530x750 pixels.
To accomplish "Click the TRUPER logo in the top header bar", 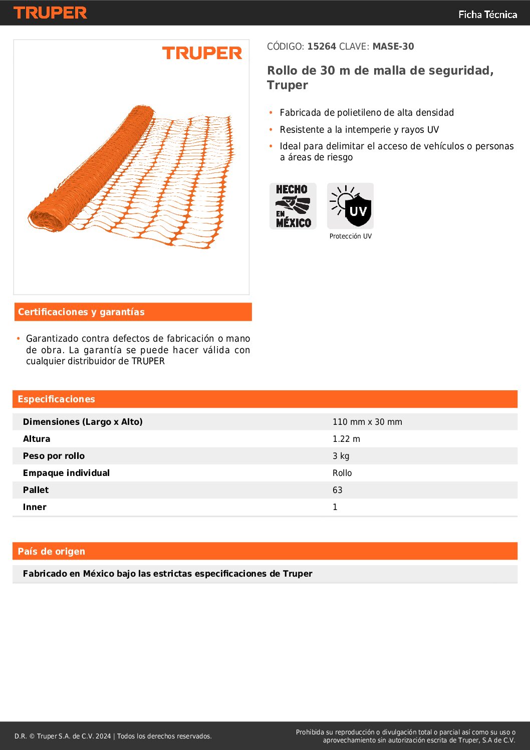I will pyautogui.click(x=50, y=13).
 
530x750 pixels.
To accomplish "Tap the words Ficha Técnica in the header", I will pyautogui.click(x=487, y=15).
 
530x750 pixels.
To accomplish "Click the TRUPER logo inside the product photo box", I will pyautogui.click(x=202, y=53).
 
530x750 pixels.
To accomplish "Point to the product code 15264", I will pyautogui.click(x=321, y=47).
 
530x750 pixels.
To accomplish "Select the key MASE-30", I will pyautogui.click(x=393, y=47).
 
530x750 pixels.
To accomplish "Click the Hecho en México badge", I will pyautogui.click(x=293, y=206).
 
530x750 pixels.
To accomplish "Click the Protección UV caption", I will pyautogui.click(x=351, y=236).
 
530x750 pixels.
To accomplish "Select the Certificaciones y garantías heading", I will pyautogui.click(x=81, y=312).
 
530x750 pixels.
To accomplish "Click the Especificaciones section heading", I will pyautogui.click(x=56, y=399).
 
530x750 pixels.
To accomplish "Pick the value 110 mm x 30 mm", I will pyautogui.click(x=367, y=422).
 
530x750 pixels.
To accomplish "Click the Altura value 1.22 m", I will pyautogui.click(x=346, y=439).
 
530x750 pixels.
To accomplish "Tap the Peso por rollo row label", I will pyautogui.click(x=54, y=456).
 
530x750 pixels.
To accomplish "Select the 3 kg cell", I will pyautogui.click(x=341, y=456).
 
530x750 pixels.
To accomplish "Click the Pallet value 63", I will pyautogui.click(x=338, y=490).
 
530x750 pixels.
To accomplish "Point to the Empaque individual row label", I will pyautogui.click(x=66, y=473).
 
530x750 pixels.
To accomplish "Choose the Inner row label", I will pyautogui.click(x=35, y=507).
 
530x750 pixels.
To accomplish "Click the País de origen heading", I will pyautogui.click(x=51, y=552).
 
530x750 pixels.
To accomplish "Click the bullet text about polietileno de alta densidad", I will pyautogui.click(x=367, y=113).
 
